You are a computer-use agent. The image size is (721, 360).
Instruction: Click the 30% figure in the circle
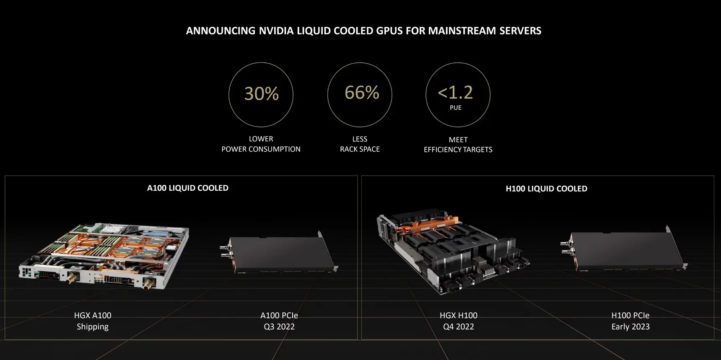coord(261,93)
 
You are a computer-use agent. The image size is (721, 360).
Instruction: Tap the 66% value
coord(361,93)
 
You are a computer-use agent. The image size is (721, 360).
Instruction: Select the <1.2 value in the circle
coord(455,92)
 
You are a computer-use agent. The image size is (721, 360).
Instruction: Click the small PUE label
coord(456,108)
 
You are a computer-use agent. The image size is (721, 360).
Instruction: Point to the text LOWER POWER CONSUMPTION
coord(261,144)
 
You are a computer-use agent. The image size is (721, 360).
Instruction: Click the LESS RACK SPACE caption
coord(360,144)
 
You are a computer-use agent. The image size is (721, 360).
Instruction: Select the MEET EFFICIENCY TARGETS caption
coord(458,145)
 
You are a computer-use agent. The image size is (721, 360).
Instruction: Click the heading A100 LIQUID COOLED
coord(187,188)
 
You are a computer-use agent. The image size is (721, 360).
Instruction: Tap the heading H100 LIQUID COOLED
coord(546,189)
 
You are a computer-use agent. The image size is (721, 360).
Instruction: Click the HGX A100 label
coord(93,315)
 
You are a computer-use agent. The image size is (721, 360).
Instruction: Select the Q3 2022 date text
coord(279,326)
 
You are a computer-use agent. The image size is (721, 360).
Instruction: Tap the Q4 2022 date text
coord(458,326)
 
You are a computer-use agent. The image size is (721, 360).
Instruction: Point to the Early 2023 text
coord(630,326)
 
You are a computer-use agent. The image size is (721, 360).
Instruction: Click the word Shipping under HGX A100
coord(93,326)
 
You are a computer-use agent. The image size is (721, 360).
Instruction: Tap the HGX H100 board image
coord(453,251)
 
